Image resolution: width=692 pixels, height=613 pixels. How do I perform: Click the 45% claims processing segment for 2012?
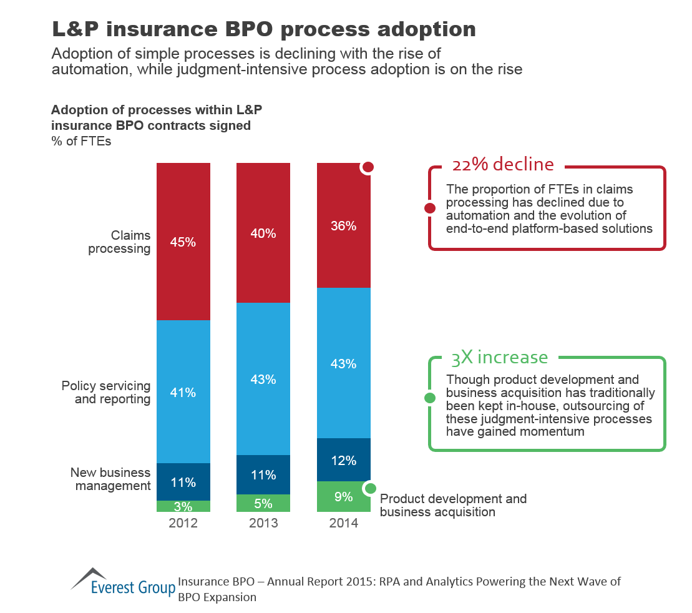click(x=183, y=242)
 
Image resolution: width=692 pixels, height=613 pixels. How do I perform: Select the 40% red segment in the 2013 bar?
click(x=263, y=233)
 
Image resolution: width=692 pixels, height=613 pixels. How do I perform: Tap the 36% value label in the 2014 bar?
click(x=344, y=226)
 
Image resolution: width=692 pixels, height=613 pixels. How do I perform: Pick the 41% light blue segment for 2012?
click(x=183, y=391)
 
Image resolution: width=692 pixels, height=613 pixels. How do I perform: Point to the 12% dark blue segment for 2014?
click(x=344, y=460)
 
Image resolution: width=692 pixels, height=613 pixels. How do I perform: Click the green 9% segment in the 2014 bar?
click(x=344, y=497)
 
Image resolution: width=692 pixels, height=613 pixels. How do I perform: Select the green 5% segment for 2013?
click(x=263, y=503)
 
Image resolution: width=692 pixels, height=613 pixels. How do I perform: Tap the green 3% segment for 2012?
click(x=183, y=506)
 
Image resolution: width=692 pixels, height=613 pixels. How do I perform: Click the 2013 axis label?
click(x=263, y=523)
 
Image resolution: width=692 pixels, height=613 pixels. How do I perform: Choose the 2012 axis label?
click(x=183, y=523)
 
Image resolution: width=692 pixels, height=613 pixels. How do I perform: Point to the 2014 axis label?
click(x=344, y=523)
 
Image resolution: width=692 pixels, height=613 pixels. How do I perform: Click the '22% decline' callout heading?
click(x=502, y=164)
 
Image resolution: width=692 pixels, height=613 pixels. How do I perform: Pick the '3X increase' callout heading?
click(x=499, y=357)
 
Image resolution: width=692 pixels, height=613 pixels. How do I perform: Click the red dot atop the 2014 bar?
click(x=368, y=167)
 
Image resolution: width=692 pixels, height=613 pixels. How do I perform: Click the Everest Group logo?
click(x=122, y=581)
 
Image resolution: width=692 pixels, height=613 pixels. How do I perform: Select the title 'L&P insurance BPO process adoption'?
click(x=263, y=29)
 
